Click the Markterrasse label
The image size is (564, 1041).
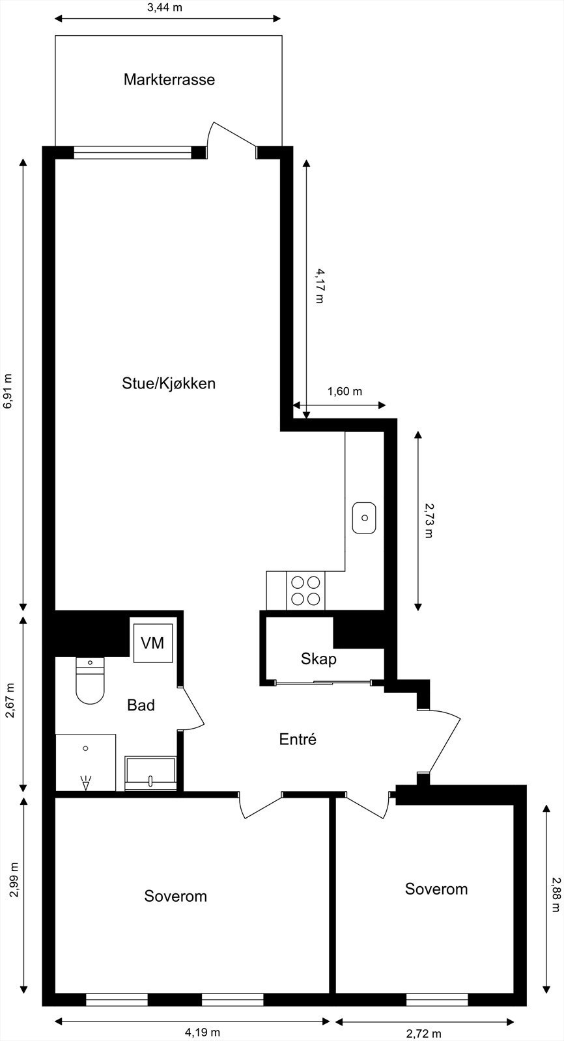click(169, 80)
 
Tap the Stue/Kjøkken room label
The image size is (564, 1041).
click(169, 383)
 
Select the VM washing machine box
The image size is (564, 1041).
click(153, 643)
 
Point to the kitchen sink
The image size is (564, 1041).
click(365, 518)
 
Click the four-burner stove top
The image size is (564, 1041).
click(305, 591)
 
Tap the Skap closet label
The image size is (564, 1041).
click(318, 659)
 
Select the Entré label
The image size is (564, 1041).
click(298, 739)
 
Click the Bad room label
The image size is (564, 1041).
click(141, 705)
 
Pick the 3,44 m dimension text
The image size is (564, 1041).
click(164, 8)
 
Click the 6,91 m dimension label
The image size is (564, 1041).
click(8, 390)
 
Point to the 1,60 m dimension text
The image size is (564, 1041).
click(345, 392)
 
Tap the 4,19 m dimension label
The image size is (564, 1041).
click(203, 1032)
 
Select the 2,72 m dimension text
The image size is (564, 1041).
click(423, 1033)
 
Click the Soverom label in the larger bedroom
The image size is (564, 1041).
click(175, 896)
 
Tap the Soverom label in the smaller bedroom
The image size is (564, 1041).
click(436, 889)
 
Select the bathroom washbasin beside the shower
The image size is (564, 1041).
click(150, 774)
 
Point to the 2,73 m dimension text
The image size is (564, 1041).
click(428, 520)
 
